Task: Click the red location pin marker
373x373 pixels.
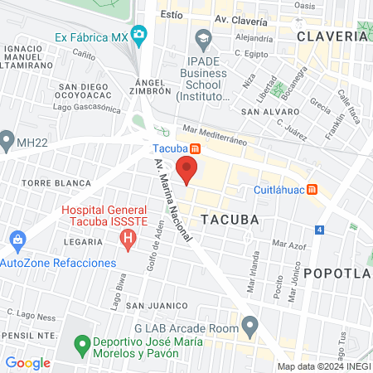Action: [187, 169]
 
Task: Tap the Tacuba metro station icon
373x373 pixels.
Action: [195, 149]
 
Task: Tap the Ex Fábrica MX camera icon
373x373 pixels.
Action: [139, 36]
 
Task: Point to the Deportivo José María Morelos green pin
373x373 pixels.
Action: [82, 343]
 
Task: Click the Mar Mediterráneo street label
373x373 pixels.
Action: [215, 135]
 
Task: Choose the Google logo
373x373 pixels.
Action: [27, 362]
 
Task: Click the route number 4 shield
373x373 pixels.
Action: [320, 228]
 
